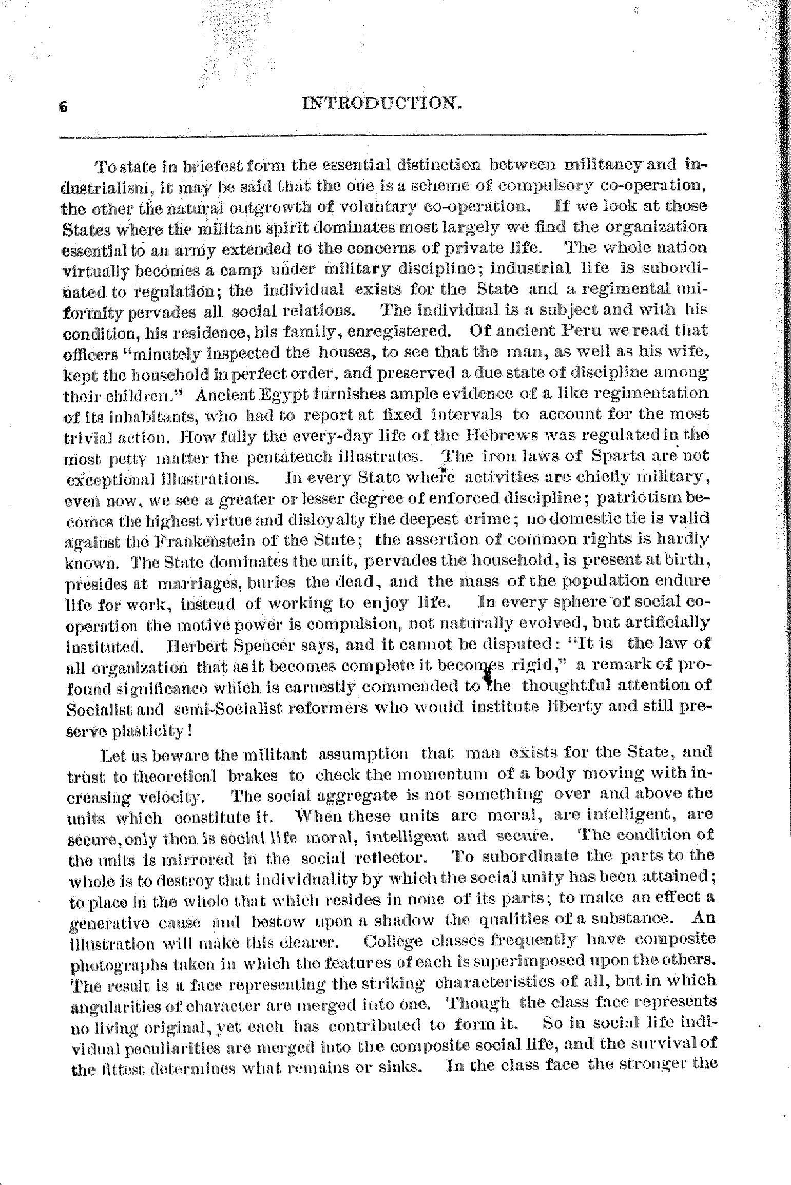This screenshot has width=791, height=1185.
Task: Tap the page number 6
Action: click(x=63, y=107)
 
